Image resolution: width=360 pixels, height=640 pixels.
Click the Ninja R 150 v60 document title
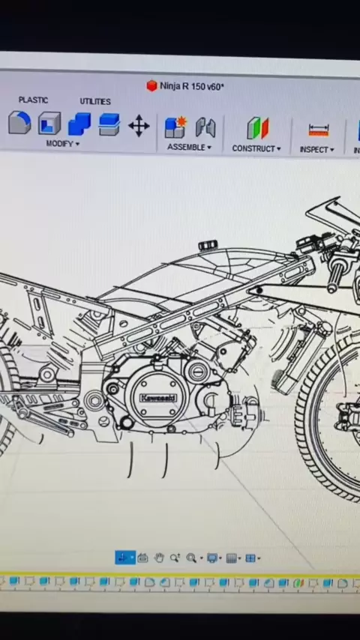[192, 86]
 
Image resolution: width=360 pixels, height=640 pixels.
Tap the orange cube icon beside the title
[151, 85]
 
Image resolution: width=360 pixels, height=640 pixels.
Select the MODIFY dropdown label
[62, 144]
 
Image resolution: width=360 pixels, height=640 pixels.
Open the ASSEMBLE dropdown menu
[189, 147]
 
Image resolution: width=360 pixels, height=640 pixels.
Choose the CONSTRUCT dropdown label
[256, 148]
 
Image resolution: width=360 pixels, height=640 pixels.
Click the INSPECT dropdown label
[316, 150]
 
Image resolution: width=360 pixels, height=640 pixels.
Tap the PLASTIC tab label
[33, 100]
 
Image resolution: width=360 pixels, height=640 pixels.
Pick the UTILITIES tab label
[95, 101]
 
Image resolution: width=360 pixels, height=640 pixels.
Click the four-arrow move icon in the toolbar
[139, 126]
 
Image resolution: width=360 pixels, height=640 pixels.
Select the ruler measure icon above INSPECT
[319, 130]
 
